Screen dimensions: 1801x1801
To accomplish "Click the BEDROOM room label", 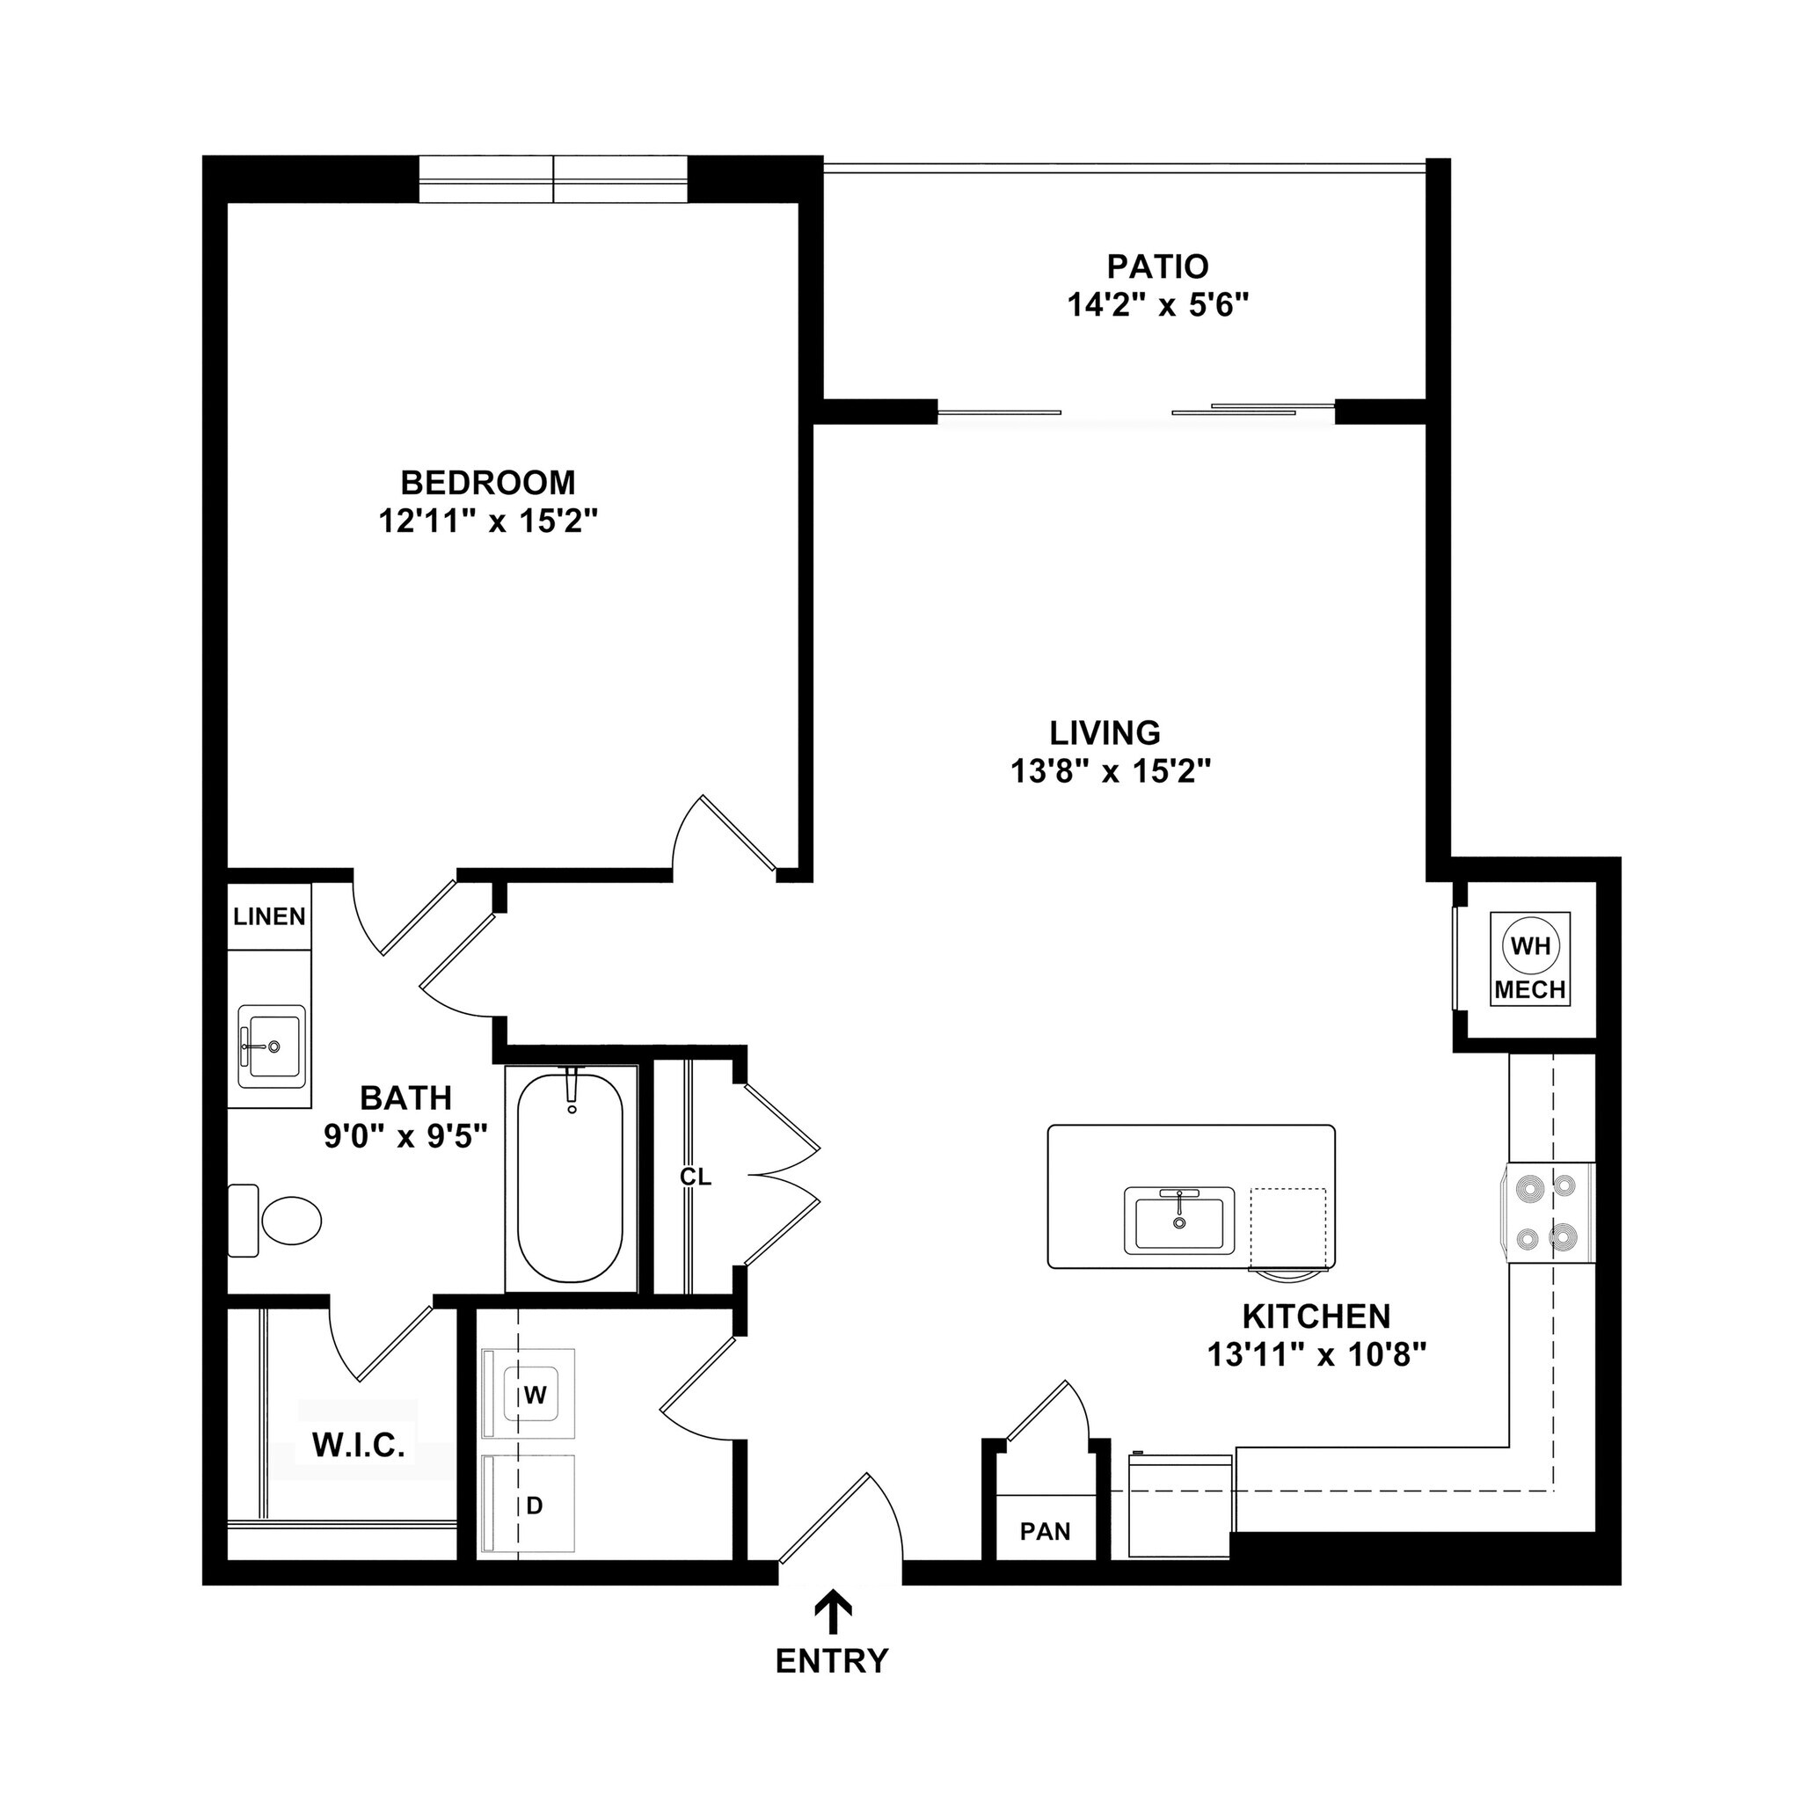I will (x=487, y=482).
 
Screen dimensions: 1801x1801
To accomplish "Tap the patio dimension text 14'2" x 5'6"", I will (x=1157, y=305).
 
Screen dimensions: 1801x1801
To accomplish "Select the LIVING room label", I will (x=1105, y=733).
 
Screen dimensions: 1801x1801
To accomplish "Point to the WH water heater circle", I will (x=1530, y=946).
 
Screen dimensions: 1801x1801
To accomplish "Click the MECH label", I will (x=1530, y=990).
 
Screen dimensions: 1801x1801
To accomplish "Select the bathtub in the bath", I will (x=571, y=1179).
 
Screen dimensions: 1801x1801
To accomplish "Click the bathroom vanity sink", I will (x=271, y=1046).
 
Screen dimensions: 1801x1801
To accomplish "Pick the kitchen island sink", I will (x=1179, y=1221).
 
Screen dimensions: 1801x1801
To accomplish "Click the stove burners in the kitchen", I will (x=1547, y=1212).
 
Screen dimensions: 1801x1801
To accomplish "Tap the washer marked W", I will (x=533, y=1395).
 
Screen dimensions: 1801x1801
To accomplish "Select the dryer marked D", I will (x=533, y=1505).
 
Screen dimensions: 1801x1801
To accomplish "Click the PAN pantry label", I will (x=1045, y=1532).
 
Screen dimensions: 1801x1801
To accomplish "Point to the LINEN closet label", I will (x=269, y=916).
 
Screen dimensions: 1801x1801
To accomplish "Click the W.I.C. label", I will (x=359, y=1445).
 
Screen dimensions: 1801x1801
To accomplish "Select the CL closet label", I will (x=696, y=1178).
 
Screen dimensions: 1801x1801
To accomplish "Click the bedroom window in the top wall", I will (x=553, y=179).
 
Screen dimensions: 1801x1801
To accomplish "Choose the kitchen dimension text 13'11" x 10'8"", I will (x=1317, y=1353).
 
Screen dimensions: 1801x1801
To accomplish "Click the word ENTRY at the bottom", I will (x=833, y=1660).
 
